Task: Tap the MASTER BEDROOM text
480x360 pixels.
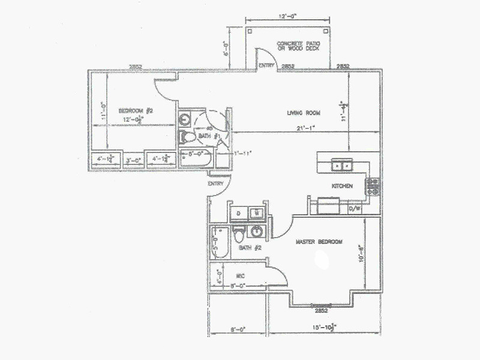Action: tap(319, 242)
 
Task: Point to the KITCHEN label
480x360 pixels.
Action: tap(341, 186)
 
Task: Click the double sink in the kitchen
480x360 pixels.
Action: tap(342, 164)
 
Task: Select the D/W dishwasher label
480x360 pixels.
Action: tap(354, 209)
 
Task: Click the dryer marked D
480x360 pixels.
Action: tap(238, 212)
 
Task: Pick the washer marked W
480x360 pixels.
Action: tap(256, 212)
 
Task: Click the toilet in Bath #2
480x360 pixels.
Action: tap(238, 232)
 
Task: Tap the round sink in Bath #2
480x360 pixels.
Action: tap(257, 232)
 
